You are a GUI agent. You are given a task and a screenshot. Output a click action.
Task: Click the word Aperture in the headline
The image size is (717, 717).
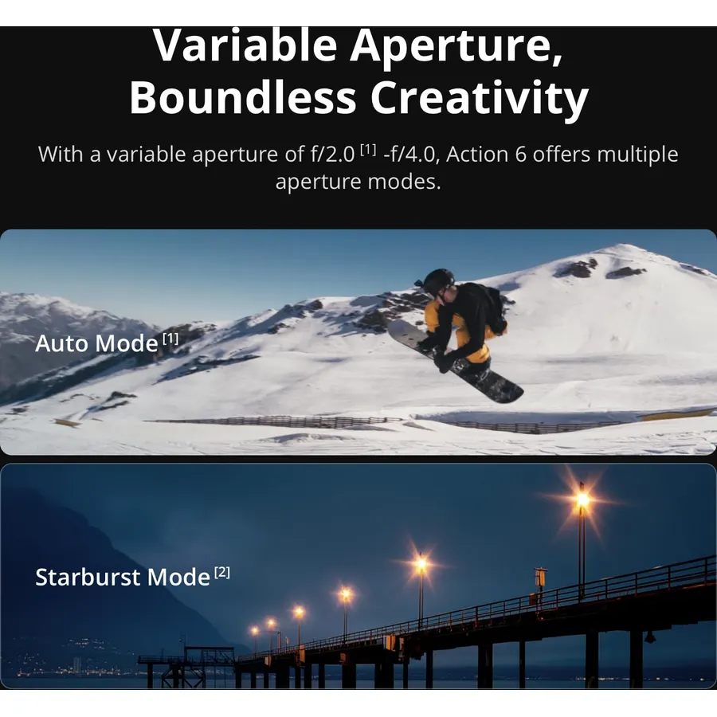pos(456,47)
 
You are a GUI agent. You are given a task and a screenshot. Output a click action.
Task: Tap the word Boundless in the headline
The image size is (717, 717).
pos(243,98)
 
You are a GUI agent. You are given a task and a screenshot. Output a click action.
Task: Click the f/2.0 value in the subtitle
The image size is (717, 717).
pos(332,154)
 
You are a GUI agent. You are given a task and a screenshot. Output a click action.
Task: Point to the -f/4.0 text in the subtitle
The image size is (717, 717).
pos(409,154)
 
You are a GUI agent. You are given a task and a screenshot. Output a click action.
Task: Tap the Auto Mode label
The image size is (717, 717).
pos(96,343)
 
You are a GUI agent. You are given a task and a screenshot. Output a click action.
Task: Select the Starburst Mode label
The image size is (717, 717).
pos(123,577)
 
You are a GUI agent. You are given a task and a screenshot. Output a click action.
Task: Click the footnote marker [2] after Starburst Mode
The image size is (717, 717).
pos(221,573)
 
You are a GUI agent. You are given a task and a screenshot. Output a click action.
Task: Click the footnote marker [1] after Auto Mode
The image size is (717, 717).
pos(170,339)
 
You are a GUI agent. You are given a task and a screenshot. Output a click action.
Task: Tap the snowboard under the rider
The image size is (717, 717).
pos(455,361)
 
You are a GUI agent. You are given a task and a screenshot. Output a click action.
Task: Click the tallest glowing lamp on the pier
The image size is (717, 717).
pos(582,500)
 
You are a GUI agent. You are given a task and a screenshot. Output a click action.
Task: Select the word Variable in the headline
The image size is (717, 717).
pos(245,47)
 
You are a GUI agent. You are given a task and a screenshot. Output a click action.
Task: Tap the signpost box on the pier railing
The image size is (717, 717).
pos(540,577)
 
